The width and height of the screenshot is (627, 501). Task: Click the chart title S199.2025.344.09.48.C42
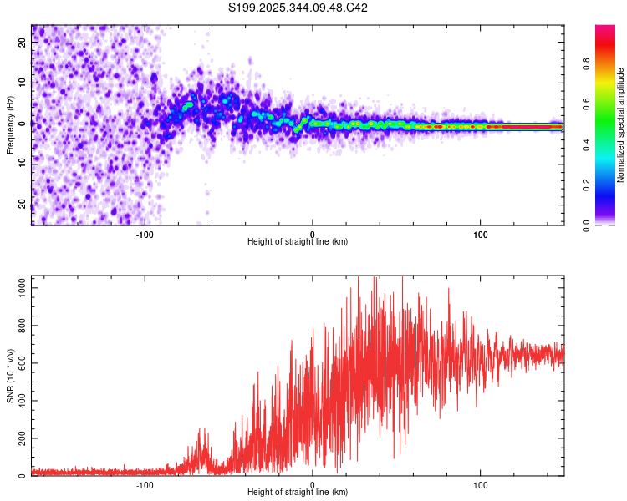tap(298, 8)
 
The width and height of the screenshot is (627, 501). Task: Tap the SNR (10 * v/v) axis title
tap(10, 376)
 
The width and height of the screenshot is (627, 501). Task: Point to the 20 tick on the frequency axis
tap(23, 44)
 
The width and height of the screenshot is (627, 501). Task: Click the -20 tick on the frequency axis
tap(23, 204)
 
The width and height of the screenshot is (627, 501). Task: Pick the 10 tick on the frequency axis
tap(23, 83)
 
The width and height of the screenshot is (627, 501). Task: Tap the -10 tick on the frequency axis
tap(23, 164)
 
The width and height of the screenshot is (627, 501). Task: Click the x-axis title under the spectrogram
tap(298, 242)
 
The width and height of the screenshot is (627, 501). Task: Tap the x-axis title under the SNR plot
tap(298, 493)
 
